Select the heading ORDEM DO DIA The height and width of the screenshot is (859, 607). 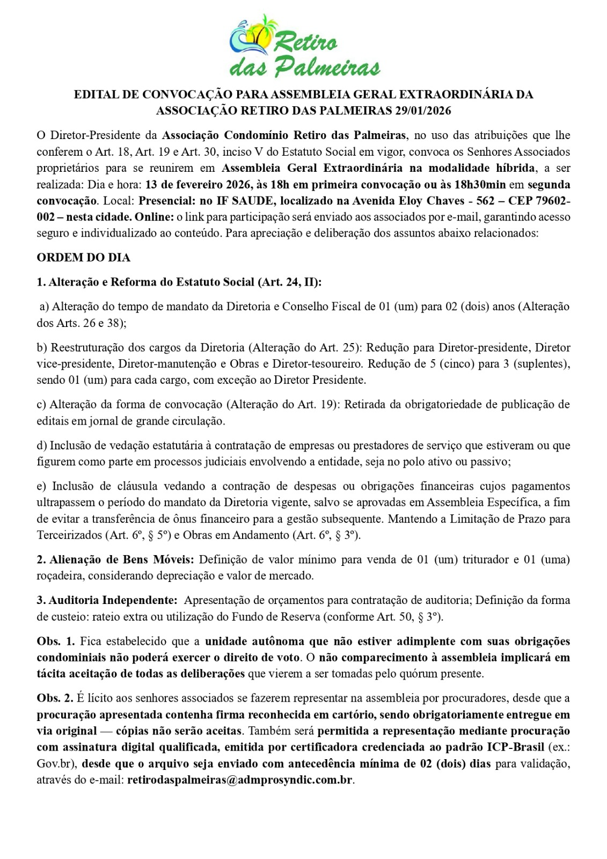84,258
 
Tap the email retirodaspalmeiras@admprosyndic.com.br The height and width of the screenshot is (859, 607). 240,780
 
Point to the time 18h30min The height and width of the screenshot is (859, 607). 480,185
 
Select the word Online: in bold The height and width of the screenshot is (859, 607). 155,217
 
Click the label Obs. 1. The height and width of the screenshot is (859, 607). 56,642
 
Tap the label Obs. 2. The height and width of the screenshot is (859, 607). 56,698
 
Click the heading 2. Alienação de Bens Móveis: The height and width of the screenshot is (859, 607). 115,559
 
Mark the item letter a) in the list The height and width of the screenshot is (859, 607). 44,307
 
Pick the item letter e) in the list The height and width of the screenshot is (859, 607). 41,486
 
